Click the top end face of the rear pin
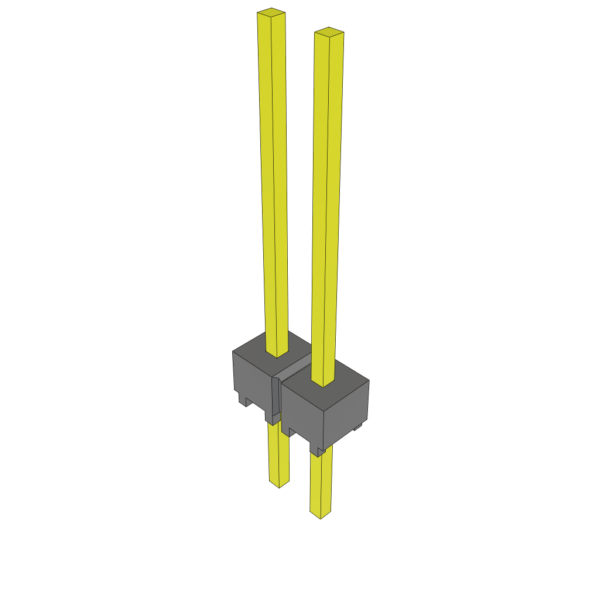(271, 12)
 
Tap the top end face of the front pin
(329, 32)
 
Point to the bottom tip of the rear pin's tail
(278, 484)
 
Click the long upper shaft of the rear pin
(273, 175)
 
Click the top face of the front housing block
(345, 374)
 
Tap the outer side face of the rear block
(252, 377)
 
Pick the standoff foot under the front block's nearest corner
(316, 450)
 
